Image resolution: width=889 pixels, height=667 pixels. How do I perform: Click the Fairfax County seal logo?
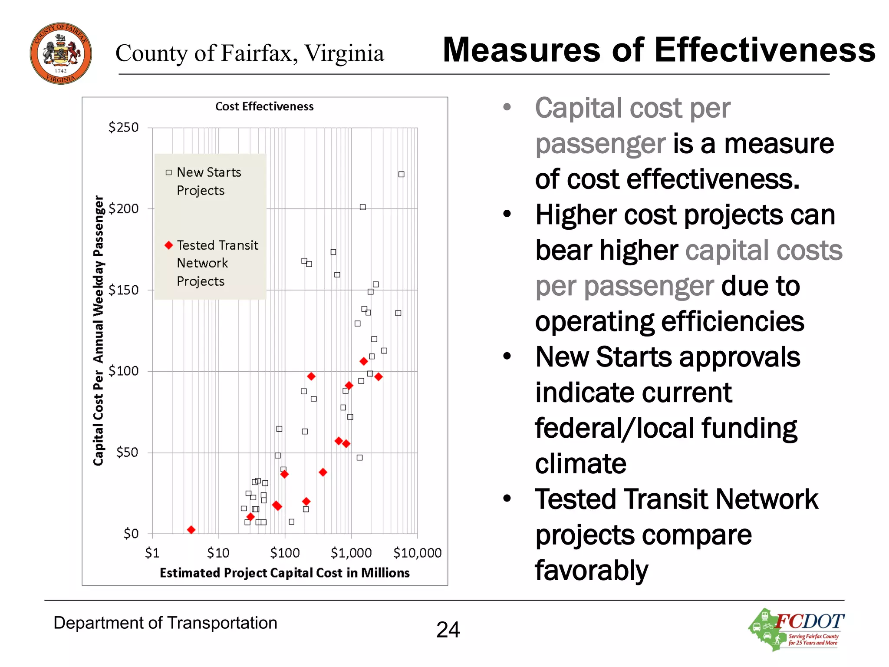click(61, 53)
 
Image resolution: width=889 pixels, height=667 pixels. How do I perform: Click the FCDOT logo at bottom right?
click(797, 629)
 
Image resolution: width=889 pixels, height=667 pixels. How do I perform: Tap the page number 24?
click(448, 630)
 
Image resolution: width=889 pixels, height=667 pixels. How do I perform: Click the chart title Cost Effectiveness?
click(264, 106)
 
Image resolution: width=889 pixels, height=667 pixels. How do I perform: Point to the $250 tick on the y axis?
click(124, 127)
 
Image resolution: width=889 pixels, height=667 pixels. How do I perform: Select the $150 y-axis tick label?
click(124, 290)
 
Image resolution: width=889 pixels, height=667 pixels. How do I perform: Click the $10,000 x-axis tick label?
click(417, 553)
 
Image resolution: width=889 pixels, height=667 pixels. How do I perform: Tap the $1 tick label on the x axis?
click(152, 553)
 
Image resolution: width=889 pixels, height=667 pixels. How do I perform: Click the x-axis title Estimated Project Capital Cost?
click(284, 573)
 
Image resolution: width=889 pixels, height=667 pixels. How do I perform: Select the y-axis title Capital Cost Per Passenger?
click(99, 330)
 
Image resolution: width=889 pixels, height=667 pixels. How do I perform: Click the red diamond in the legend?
click(169, 245)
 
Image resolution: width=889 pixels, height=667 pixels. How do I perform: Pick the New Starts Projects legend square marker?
click(169, 172)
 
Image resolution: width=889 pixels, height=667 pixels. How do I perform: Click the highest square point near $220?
click(401, 174)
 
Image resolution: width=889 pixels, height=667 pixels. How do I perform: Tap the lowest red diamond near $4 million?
click(191, 530)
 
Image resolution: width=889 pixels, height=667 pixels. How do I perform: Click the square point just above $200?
click(362, 207)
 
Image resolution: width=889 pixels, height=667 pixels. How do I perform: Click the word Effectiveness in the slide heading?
click(765, 50)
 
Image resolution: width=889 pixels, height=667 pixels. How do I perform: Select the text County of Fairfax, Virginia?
click(250, 53)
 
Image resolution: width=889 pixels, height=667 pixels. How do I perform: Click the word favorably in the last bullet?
click(591, 570)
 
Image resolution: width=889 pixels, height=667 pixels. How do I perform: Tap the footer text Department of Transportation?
click(165, 623)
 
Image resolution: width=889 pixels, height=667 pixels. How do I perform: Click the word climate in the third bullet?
click(580, 463)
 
